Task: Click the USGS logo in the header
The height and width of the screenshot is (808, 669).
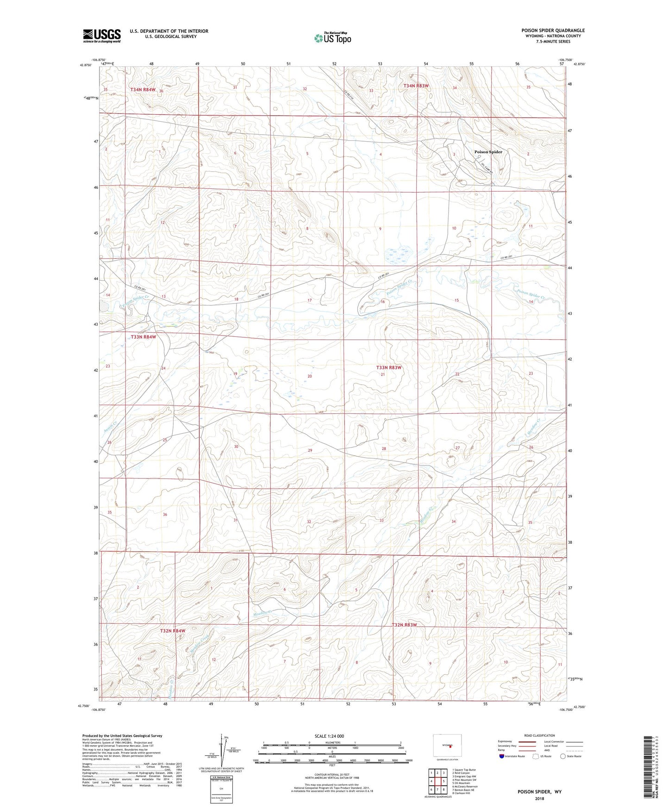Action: pyautogui.click(x=102, y=36)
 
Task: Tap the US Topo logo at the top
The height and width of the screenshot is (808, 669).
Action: pyautogui.click(x=332, y=38)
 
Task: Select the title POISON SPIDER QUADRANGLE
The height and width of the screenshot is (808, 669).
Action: pyautogui.click(x=553, y=31)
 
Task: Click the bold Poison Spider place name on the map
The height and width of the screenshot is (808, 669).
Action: pyautogui.click(x=488, y=152)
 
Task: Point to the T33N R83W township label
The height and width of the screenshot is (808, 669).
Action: pyautogui.click(x=388, y=367)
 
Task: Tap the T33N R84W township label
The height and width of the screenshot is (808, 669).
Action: pyautogui.click(x=143, y=337)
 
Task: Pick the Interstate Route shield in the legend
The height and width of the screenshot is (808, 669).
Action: pyautogui.click(x=503, y=756)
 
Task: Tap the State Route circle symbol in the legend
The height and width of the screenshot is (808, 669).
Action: pyautogui.click(x=563, y=756)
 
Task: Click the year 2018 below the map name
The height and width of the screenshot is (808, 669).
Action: pyautogui.click(x=539, y=798)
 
